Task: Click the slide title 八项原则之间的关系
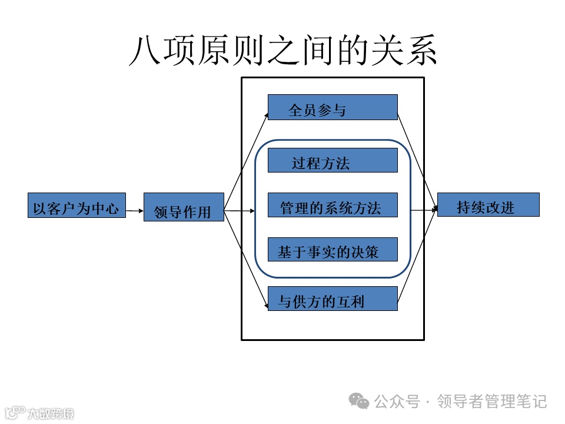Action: coord(283,50)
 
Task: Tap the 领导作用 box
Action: coord(184,207)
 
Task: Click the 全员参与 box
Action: coord(333,107)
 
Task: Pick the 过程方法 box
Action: coord(333,160)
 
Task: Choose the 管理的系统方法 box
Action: coord(333,205)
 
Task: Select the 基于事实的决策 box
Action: coord(333,250)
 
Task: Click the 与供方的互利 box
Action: coord(333,299)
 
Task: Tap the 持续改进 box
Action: coord(488,205)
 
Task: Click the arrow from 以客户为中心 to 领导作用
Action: coord(135,210)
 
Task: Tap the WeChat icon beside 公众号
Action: coord(359,402)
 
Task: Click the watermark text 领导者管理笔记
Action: coord(493,402)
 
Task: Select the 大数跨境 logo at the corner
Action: coord(38,413)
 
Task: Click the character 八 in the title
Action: coord(144,51)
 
